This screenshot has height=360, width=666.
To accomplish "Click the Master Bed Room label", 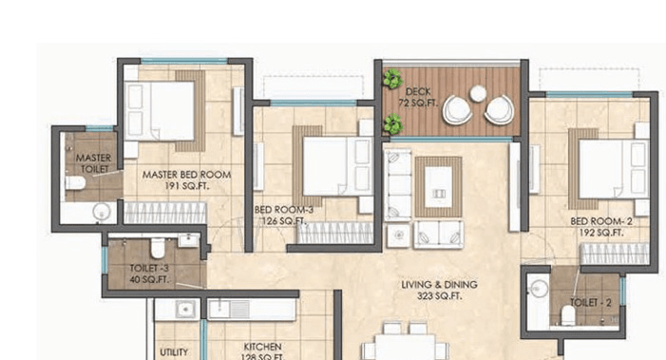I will click(x=186, y=175).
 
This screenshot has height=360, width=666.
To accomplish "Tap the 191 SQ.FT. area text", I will click(x=186, y=187).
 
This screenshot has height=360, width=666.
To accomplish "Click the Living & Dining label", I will click(x=438, y=285).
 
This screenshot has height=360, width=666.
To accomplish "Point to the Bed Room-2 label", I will click(x=600, y=221).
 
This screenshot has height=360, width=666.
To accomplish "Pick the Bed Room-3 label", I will click(x=281, y=210).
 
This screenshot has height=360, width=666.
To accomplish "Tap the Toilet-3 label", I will click(x=149, y=269).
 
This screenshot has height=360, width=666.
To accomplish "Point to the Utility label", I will click(x=174, y=351).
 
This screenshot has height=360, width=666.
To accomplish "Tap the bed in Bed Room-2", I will click(x=612, y=169).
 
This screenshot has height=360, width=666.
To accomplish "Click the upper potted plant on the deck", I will click(x=390, y=81).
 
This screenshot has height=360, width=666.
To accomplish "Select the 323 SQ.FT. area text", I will click(x=438, y=297).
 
